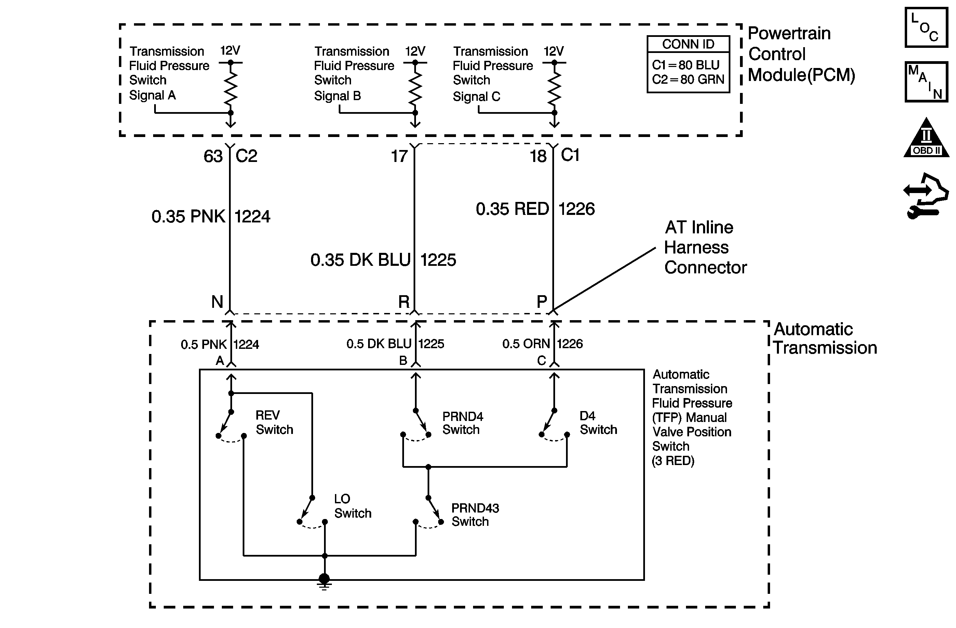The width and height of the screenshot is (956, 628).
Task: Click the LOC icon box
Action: tap(926, 28)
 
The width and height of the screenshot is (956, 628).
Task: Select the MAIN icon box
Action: tap(926, 82)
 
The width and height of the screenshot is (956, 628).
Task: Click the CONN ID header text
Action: tap(688, 44)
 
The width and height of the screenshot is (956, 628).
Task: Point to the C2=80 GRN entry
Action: tap(688, 80)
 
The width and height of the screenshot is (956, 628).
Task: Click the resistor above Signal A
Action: tap(231, 87)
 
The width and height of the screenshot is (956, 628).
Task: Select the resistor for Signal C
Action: tap(554, 87)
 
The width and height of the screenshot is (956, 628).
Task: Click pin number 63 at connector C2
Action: tap(213, 156)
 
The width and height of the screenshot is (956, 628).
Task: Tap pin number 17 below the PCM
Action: tap(399, 156)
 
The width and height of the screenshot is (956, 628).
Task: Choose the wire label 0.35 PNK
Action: tap(188, 216)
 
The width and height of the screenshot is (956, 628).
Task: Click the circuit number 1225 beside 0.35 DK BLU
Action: tap(438, 260)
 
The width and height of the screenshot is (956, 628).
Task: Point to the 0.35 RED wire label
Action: tap(512, 209)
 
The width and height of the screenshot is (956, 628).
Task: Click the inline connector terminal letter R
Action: tap(404, 302)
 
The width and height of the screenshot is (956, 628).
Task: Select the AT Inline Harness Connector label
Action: tap(705, 247)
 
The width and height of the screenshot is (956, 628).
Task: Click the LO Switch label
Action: tap(352, 506)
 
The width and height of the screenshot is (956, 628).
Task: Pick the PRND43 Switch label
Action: tap(475, 515)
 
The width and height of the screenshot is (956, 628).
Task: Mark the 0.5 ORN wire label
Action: tap(526, 344)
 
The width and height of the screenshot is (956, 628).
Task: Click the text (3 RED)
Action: tap(673, 461)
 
